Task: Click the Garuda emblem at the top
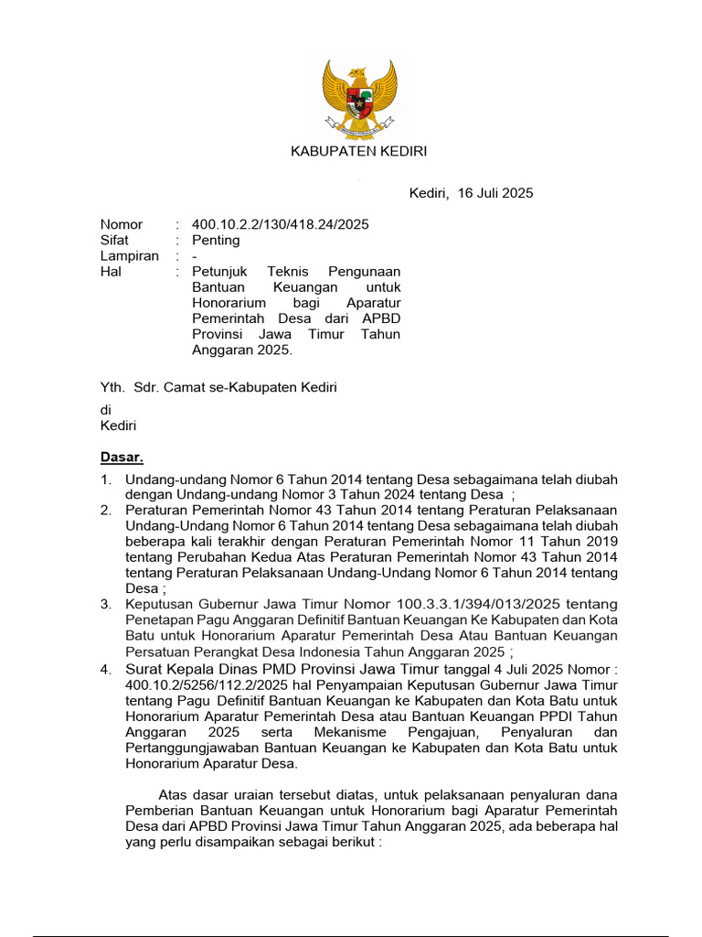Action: point(359,96)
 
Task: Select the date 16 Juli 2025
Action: point(495,193)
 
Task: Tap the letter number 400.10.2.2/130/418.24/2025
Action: point(281,224)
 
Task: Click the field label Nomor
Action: point(121,224)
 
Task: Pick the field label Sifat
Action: point(114,241)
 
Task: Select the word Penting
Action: point(216,241)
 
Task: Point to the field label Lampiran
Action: point(129,256)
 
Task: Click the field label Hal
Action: point(111,272)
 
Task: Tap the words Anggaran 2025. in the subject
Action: point(241,350)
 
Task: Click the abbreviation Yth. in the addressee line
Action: point(112,387)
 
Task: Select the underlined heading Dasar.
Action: point(122,458)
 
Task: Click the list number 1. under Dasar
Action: point(106,479)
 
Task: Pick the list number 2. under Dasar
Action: point(106,510)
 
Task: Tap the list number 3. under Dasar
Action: point(106,605)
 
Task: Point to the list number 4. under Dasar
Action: point(106,669)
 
